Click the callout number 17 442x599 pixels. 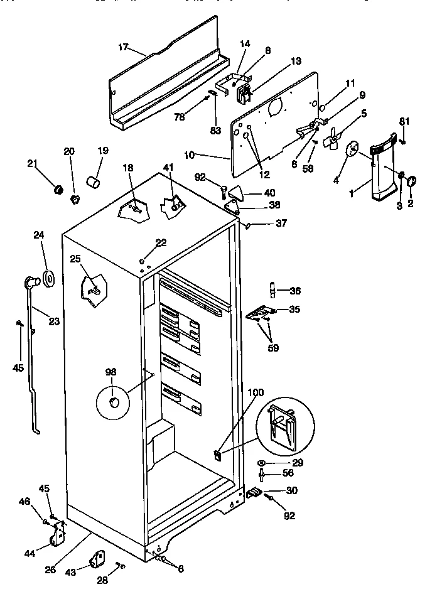click(x=124, y=47)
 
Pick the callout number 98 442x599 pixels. click(x=110, y=372)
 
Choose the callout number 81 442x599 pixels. click(x=404, y=121)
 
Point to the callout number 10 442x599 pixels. click(x=191, y=154)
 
